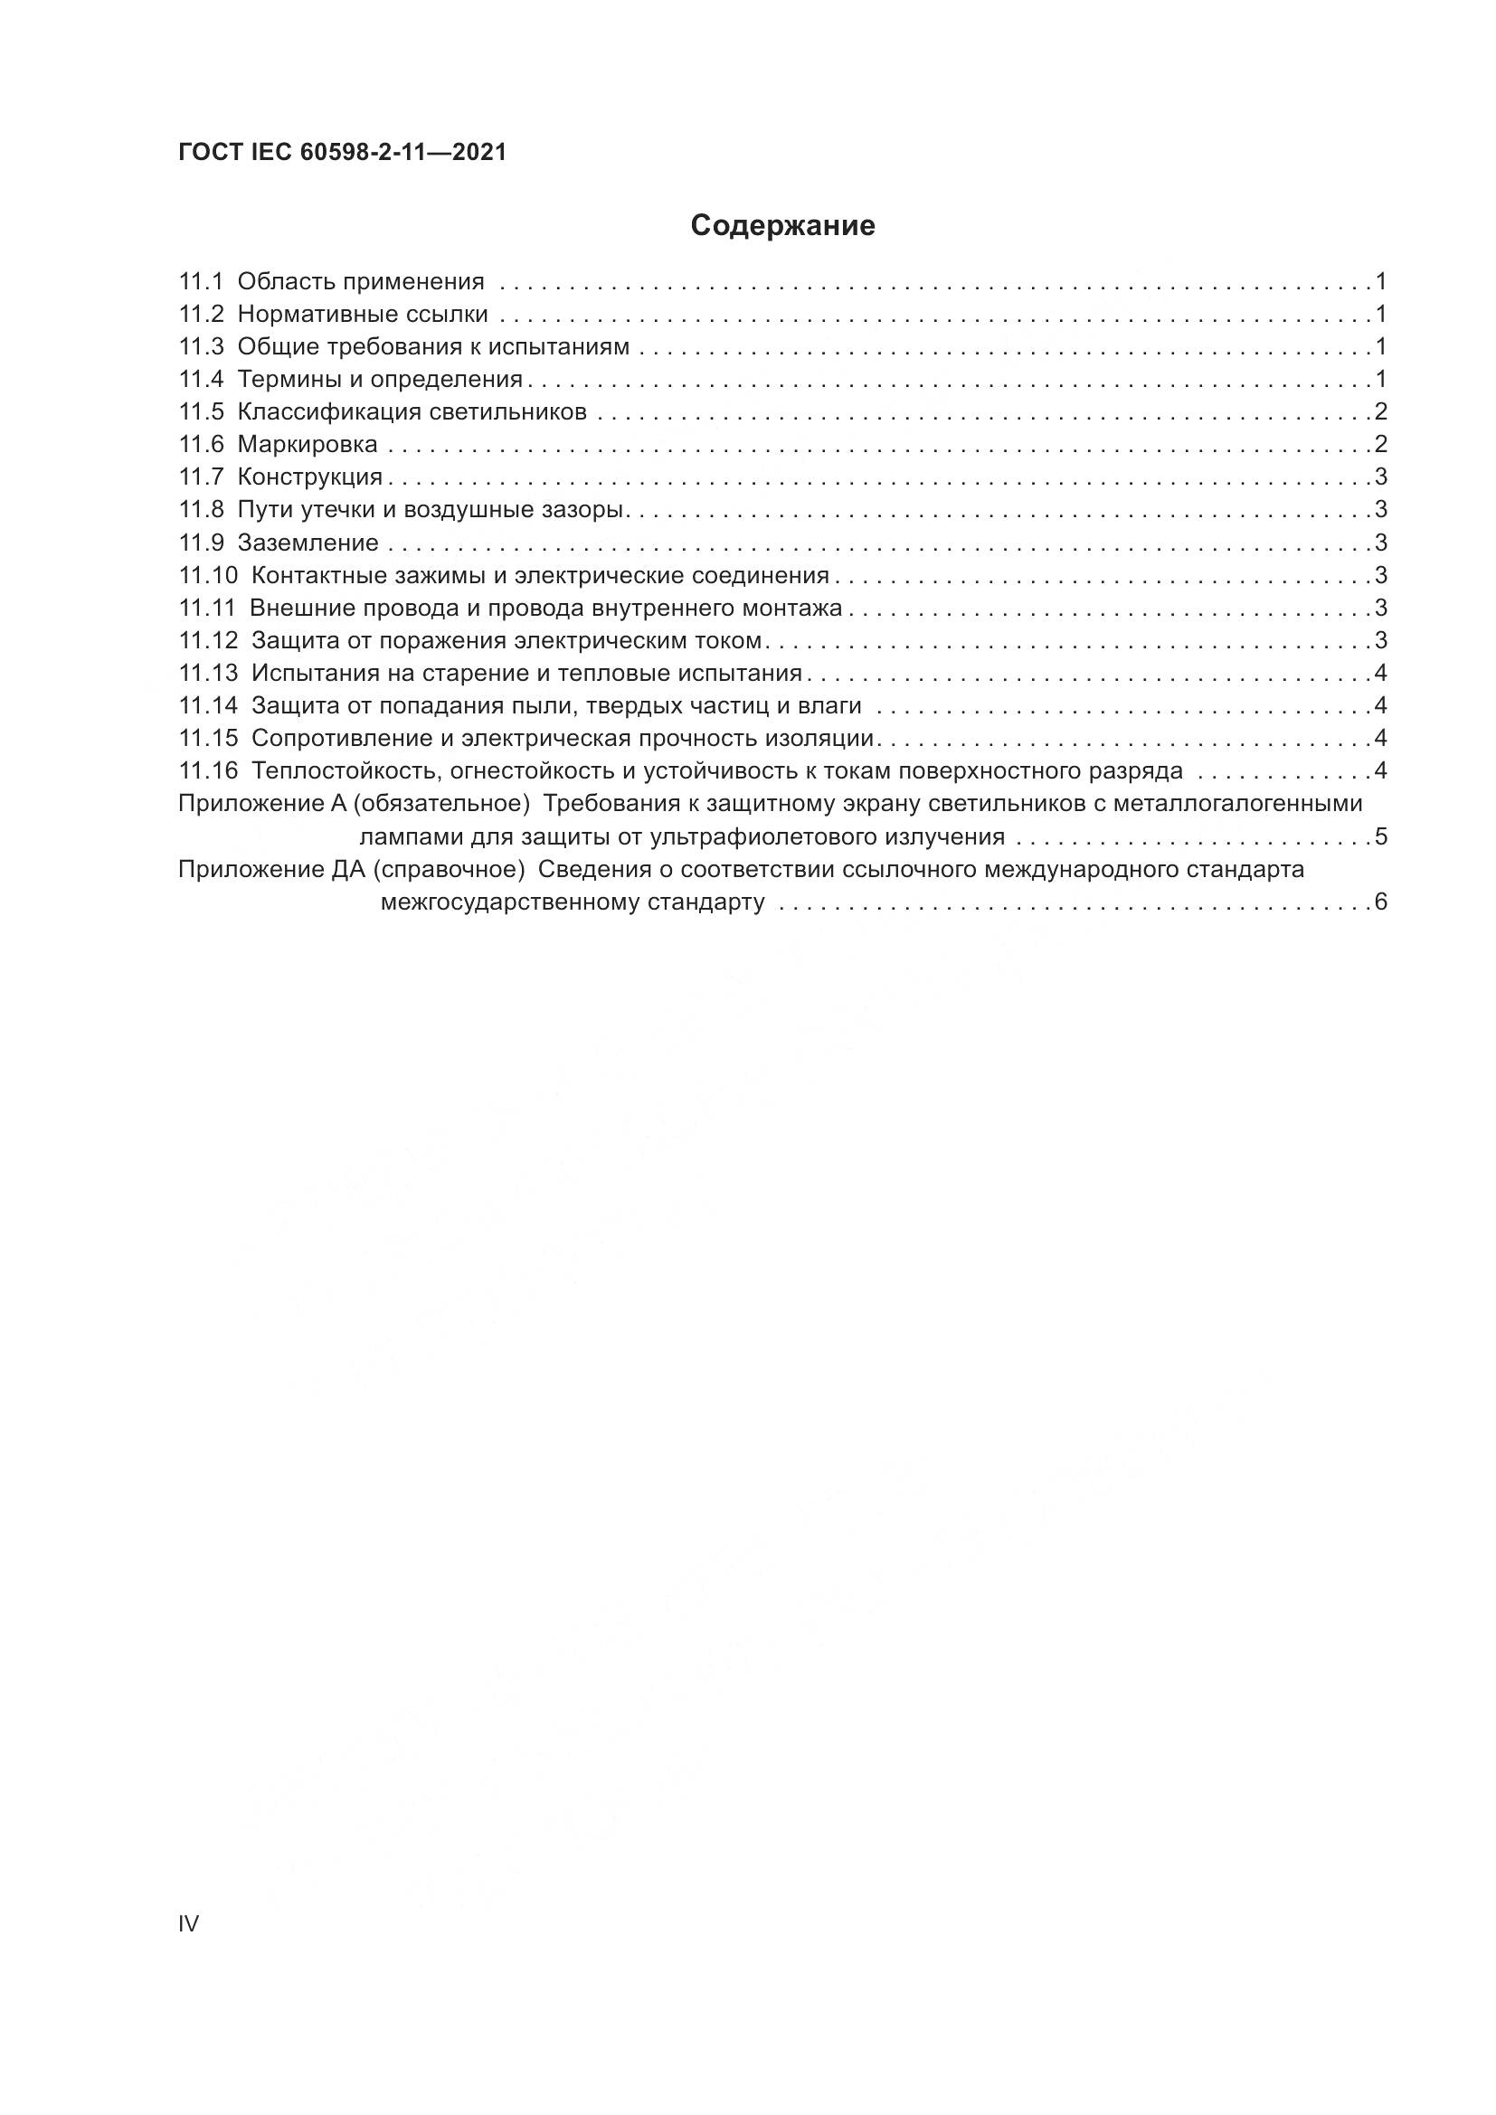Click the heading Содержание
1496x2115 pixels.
tap(782, 226)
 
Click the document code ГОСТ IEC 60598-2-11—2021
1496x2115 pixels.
tap(343, 153)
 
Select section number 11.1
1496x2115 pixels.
tap(201, 282)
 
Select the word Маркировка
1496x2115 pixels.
tap(308, 445)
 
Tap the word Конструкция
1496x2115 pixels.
tap(309, 477)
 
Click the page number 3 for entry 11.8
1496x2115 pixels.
tap(1381, 509)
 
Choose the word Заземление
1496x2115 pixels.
tap(308, 543)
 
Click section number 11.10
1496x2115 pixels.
tap(208, 576)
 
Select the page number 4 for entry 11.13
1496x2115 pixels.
tap(1381, 674)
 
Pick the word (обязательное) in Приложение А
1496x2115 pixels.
tap(441, 804)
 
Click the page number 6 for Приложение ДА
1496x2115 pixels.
tap(1381, 902)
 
